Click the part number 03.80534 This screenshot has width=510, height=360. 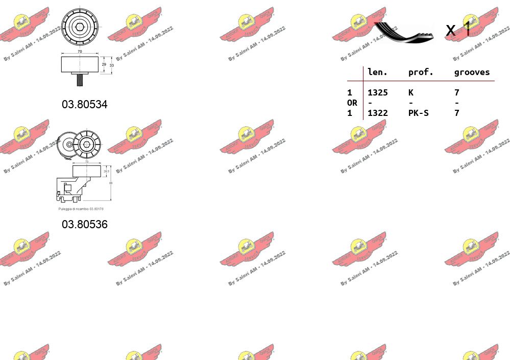click(x=85, y=105)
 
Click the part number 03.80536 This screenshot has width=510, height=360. click(x=85, y=224)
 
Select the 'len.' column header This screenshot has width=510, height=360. click(x=377, y=72)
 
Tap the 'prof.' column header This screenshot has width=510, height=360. click(x=421, y=72)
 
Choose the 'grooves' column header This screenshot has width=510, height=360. click(x=472, y=72)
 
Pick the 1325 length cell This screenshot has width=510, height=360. click(x=377, y=92)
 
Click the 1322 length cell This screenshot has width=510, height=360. click(x=377, y=113)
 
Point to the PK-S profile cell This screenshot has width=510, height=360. click(x=418, y=113)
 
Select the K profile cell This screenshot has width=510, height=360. click(x=410, y=92)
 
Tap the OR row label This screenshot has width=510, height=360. click(x=352, y=103)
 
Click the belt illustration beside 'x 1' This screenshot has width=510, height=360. click(x=403, y=32)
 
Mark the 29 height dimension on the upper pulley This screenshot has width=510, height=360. click(x=104, y=64)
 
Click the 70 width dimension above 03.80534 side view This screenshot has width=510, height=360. click(x=80, y=51)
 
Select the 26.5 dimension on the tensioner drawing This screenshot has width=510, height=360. click(x=106, y=171)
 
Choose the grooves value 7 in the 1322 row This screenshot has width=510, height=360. click(x=456, y=113)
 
